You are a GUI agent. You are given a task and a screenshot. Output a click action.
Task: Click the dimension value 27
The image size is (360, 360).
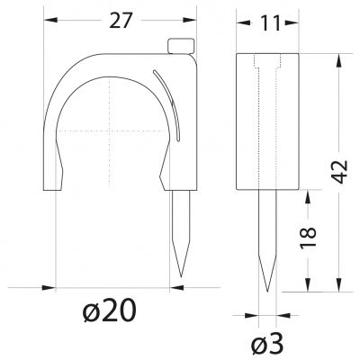(x=121, y=21)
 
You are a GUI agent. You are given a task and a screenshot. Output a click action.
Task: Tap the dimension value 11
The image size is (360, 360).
(x=270, y=23)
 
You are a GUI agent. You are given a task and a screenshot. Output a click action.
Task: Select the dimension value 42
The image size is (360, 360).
(x=340, y=172)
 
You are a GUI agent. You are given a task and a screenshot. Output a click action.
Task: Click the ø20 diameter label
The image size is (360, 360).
(x=110, y=310)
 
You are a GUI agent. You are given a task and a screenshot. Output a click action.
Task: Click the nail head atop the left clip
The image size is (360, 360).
(x=180, y=46)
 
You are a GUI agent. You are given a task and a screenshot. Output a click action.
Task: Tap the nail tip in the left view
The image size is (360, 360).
(x=181, y=276)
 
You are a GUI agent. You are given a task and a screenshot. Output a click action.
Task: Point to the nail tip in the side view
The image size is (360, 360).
(x=267, y=291)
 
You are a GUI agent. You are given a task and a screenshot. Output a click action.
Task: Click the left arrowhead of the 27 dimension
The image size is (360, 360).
(x=50, y=20)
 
